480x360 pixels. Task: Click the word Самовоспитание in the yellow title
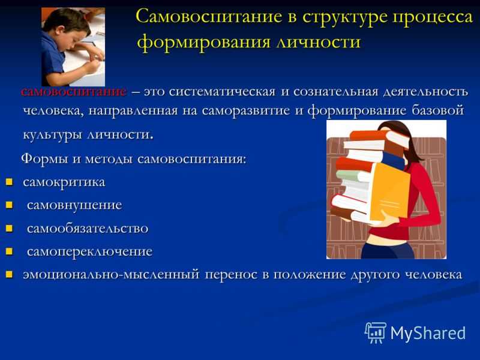[209, 17]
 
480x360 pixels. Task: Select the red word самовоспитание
[74, 92]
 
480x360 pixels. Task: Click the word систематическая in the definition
[222, 92]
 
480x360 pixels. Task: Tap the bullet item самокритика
[64, 182]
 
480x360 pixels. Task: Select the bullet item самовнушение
[74, 205]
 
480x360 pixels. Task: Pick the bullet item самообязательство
[88, 229]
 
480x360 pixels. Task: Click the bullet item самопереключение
[89, 251]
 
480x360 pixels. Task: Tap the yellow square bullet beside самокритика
[9, 182]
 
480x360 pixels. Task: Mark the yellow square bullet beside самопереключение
[9, 251]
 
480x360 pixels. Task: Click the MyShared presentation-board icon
[376, 332]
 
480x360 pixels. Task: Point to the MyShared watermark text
[428, 333]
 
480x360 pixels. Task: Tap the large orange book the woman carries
[390, 192]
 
